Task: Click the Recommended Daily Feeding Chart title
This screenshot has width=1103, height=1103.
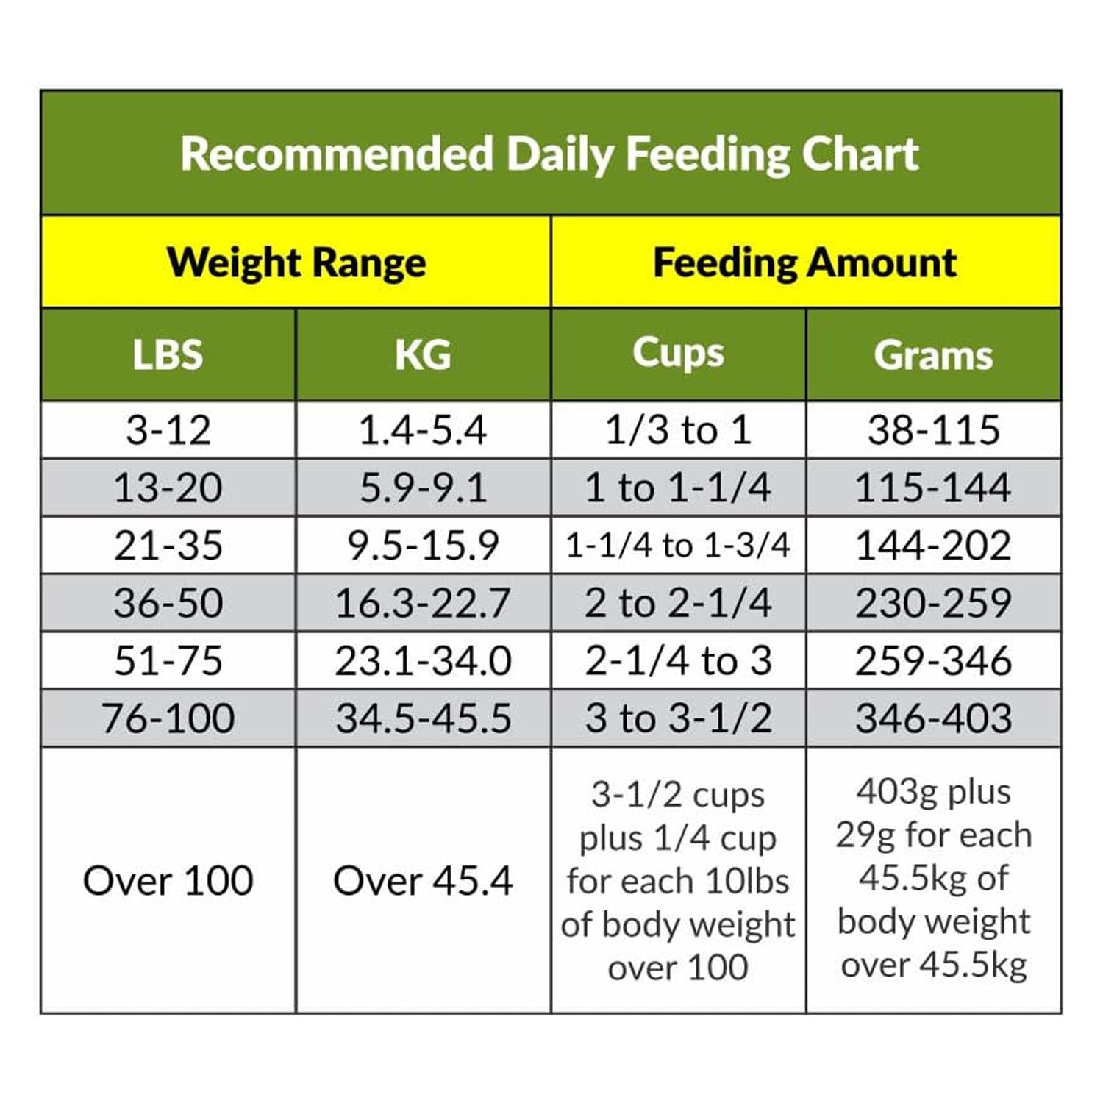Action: point(550,154)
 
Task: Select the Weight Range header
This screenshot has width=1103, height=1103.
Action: point(296,263)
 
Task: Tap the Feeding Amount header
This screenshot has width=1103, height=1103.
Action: point(805,263)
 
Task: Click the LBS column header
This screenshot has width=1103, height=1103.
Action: point(168,354)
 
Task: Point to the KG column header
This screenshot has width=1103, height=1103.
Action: point(423,354)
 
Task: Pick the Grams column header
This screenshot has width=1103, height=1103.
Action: point(933,354)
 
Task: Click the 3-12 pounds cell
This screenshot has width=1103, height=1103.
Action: point(168,430)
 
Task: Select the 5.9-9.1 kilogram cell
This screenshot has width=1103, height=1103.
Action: point(423,488)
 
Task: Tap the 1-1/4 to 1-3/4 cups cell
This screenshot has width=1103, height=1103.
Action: point(678,546)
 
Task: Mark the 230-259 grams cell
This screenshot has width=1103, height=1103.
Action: point(933,603)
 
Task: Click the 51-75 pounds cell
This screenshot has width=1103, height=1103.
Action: point(168,660)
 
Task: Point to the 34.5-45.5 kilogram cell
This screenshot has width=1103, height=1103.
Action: point(423,718)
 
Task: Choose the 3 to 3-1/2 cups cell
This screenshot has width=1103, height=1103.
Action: point(678,718)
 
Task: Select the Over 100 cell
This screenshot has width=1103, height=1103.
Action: point(168,880)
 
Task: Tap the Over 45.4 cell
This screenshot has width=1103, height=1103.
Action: point(423,880)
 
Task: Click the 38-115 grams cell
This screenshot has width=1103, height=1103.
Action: point(933,430)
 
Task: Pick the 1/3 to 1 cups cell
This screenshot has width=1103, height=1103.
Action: point(678,430)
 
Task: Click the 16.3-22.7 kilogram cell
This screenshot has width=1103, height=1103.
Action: point(423,603)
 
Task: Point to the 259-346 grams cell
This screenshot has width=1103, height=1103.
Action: point(933,660)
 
